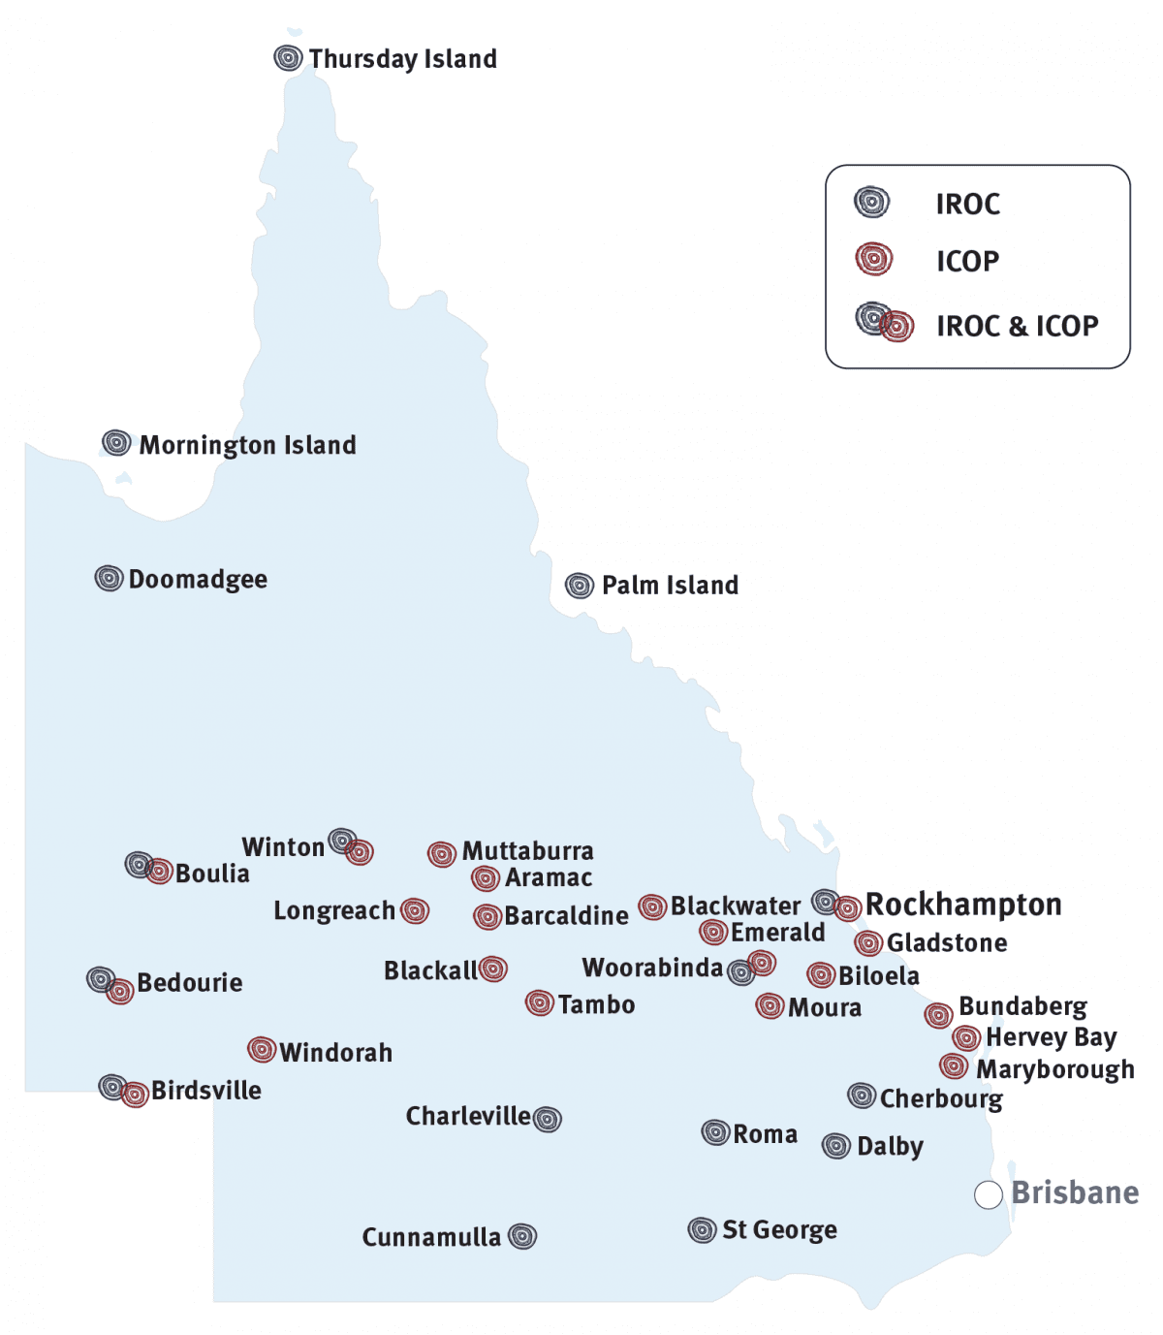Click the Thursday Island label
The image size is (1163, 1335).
tap(402, 59)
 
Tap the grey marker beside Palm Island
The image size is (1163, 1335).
tap(580, 586)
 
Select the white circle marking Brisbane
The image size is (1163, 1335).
tap(988, 1195)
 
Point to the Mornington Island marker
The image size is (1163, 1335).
tap(116, 443)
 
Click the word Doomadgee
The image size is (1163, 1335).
tap(198, 580)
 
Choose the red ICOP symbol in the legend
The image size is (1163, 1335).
tap(873, 260)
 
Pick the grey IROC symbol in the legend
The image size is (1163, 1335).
tap(871, 203)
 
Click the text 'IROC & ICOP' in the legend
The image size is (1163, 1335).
tap(1017, 326)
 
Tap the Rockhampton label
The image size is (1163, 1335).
tap(963, 905)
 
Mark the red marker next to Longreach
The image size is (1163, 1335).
tap(415, 910)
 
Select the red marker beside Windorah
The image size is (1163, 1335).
tap(262, 1049)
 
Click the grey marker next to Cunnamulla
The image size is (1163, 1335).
tap(522, 1236)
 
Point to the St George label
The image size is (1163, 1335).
tap(779, 1230)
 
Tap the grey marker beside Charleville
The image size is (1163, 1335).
tap(548, 1119)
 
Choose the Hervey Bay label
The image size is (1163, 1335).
tap(1051, 1037)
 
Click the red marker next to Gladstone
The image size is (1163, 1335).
tap(868, 942)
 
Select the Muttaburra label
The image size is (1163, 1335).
tap(527, 851)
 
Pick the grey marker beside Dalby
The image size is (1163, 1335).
tap(836, 1146)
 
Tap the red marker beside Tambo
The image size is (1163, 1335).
tap(540, 1002)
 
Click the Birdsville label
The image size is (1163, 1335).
tap(206, 1091)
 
